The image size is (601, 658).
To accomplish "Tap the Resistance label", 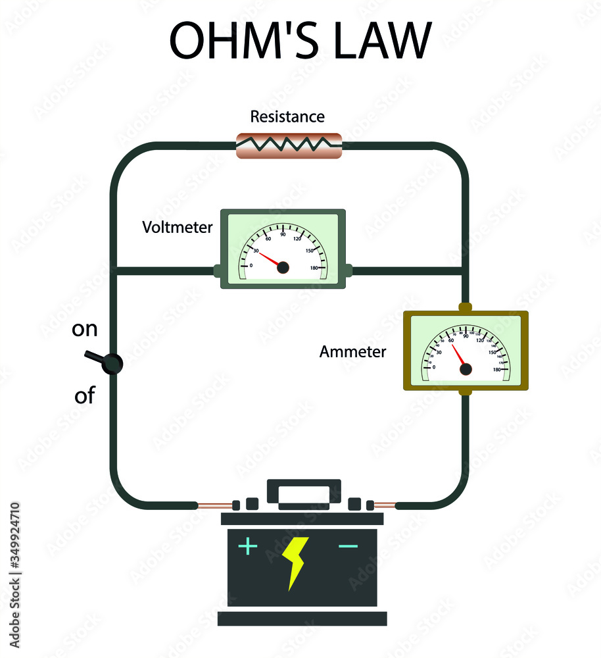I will click(x=287, y=117).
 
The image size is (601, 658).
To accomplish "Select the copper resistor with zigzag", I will click(x=289, y=145).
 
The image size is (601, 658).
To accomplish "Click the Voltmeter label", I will click(x=178, y=228).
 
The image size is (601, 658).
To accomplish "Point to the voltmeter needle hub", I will click(x=283, y=267).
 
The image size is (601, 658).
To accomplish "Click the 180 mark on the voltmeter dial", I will click(x=314, y=267).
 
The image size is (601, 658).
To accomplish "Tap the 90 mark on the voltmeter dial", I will click(x=283, y=234).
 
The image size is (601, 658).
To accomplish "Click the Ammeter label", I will click(x=352, y=352).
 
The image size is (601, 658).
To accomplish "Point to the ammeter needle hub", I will click(x=466, y=370).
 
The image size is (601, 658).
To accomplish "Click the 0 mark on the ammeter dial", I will click(x=433, y=367).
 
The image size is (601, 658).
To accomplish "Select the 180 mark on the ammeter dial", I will click(x=497, y=369).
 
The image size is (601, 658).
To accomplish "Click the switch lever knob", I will click(x=113, y=363).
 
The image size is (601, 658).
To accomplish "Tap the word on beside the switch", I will click(x=84, y=329).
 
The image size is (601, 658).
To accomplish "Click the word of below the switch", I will click(x=84, y=396).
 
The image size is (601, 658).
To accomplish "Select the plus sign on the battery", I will click(x=247, y=546).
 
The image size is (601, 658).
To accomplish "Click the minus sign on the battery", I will click(x=348, y=546).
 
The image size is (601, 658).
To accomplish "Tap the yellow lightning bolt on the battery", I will click(x=295, y=562).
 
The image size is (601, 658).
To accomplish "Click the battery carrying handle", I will click(x=304, y=493).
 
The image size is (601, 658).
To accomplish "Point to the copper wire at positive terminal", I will click(x=214, y=505).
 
